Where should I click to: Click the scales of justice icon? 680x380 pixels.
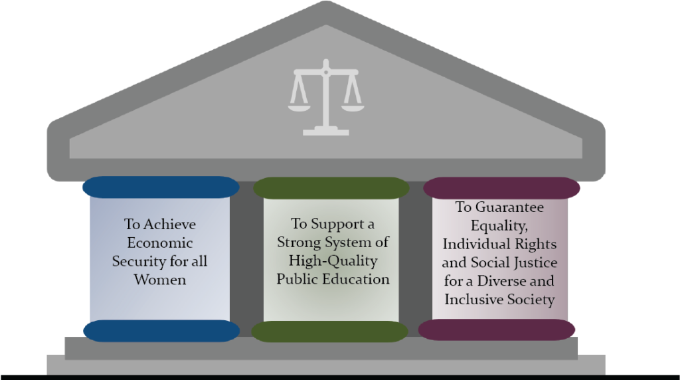325,98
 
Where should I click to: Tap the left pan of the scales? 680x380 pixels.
299,107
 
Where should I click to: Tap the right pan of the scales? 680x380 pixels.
353,107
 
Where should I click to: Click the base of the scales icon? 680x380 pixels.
325,132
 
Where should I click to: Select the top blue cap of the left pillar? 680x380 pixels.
161,187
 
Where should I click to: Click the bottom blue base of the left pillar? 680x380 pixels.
161,331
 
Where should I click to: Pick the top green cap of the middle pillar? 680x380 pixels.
331,188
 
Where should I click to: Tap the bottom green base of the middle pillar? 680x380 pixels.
329,332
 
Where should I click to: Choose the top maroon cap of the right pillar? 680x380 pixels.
502,188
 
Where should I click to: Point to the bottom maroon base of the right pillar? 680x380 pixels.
497,330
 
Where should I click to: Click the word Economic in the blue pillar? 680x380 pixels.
160,243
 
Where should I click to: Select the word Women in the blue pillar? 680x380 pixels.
160,280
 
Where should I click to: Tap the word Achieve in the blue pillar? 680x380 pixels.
169,225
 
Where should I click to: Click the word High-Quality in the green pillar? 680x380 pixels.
333,261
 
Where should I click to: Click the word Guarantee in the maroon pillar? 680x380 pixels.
510,207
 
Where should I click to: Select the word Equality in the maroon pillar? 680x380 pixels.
499,226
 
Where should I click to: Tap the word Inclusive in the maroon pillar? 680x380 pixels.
472,300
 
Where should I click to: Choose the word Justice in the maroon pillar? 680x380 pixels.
536,263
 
